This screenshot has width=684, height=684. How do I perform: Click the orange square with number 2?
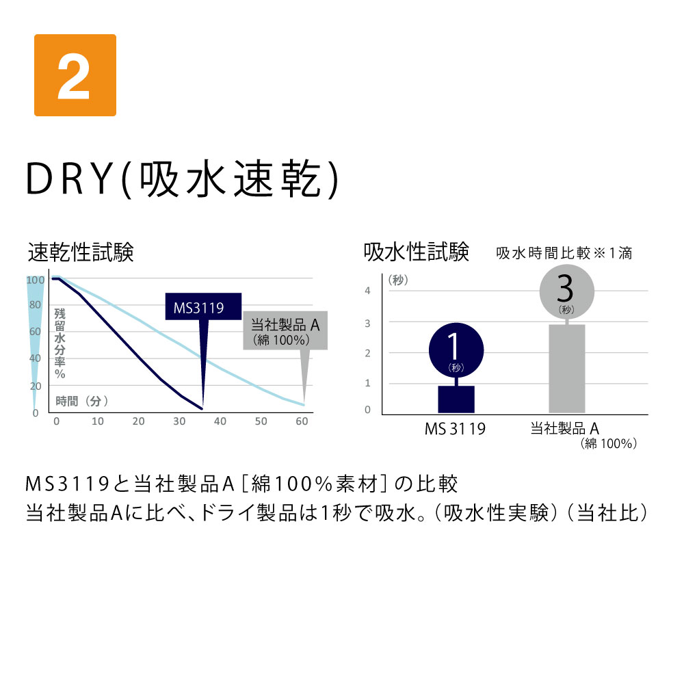coord(75,75)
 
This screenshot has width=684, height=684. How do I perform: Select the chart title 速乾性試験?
coord(81,252)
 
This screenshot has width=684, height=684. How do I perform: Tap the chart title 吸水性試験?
coord(416,252)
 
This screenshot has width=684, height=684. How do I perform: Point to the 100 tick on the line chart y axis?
coord(36,280)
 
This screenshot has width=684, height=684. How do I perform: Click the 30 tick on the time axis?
coord(179,421)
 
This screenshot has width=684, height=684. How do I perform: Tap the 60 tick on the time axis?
coord(302,421)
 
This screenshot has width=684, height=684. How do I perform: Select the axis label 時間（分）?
coord(81,401)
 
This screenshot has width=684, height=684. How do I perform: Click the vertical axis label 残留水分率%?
coord(60,343)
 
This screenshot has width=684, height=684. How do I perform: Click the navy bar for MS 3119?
coord(456,399)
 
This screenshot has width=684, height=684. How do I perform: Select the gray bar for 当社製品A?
coord(566,369)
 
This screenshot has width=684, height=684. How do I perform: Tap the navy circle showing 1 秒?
coord(456,350)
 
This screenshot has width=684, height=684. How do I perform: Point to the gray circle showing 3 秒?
coord(566,291)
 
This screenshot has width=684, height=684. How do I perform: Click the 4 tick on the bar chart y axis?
coord(368,291)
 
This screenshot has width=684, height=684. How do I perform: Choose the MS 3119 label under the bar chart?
coord(455,430)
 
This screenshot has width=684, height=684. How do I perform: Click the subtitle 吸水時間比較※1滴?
coord(564,253)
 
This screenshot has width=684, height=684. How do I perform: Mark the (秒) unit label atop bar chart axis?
coord(398,280)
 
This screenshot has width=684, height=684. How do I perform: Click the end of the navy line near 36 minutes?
coord(202,409)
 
